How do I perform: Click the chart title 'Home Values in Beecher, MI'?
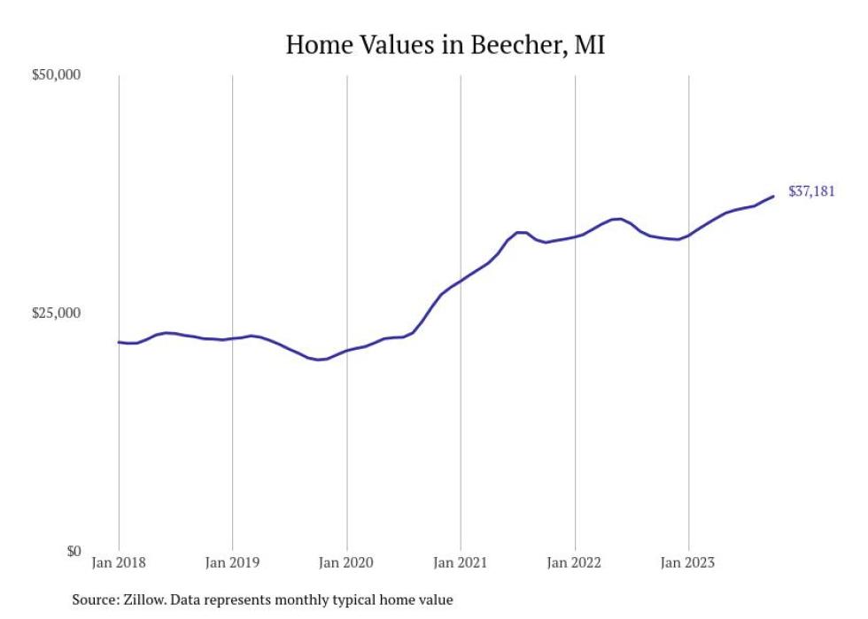[445, 45]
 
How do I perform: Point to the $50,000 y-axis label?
[57, 75]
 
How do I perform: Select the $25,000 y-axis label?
[57, 313]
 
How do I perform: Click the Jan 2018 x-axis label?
[119, 561]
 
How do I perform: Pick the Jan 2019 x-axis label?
[232, 561]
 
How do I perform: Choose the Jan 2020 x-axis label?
[346, 561]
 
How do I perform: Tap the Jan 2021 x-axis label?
[461, 561]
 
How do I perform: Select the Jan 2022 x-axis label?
[575, 561]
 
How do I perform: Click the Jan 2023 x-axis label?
[688, 561]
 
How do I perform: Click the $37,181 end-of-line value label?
[811, 191]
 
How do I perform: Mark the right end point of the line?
[774, 196]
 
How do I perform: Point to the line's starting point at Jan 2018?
[119, 342]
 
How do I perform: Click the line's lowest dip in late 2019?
[318, 360]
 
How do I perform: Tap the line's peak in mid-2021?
[521, 232]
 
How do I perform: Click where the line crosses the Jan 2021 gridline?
[461, 280]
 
